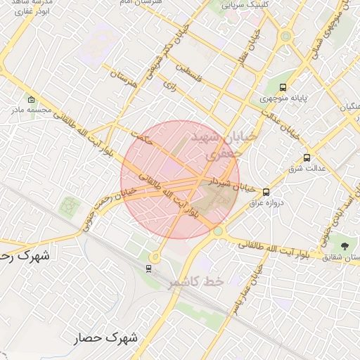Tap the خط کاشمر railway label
[x=195, y=281]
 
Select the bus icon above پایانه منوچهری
[x=283, y=88]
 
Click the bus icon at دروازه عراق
[x=266, y=191]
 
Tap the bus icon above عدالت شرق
[x=307, y=157]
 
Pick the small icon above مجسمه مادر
[x=31, y=98]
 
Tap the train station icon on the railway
[x=148, y=268]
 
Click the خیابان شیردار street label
[x=231, y=184]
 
